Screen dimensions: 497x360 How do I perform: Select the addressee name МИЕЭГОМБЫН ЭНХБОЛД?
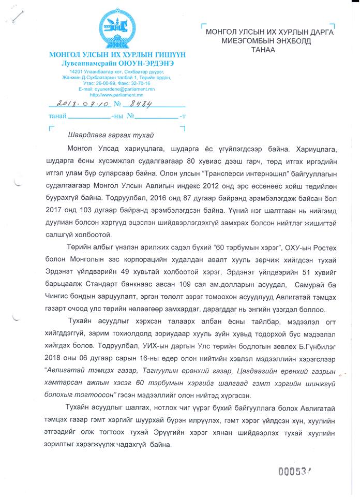click(x=269, y=41)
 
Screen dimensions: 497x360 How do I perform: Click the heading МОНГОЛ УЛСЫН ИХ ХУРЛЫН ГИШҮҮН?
click(x=117, y=55)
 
